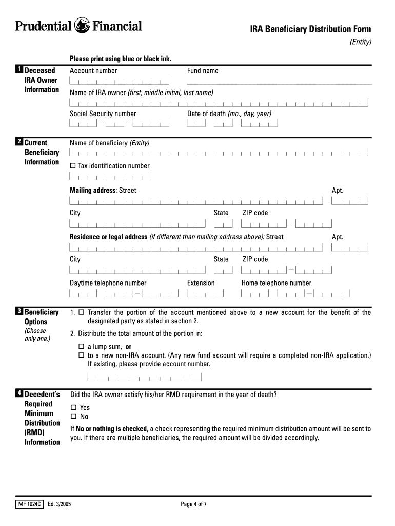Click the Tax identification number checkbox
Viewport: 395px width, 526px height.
coord(72,166)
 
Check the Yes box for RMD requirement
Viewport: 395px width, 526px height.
coord(73,408)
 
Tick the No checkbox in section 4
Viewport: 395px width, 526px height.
coord(73,417)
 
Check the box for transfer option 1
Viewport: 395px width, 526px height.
coord(81,312)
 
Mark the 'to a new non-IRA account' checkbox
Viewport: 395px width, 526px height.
coord(81,355)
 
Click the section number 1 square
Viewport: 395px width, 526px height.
coord(18,70)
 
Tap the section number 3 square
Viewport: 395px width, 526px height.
coord(18,311)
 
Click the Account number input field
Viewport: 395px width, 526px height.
coord(120,81)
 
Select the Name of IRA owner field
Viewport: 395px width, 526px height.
coord(219,103)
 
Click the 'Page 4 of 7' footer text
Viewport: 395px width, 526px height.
coord(194,504)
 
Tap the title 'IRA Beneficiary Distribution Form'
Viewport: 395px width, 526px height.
coord(310,29)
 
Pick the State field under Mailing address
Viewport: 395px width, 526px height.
coord(223,223)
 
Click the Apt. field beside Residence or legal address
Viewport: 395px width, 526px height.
coord(350,248)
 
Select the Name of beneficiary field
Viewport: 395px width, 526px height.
coord(219,153)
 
